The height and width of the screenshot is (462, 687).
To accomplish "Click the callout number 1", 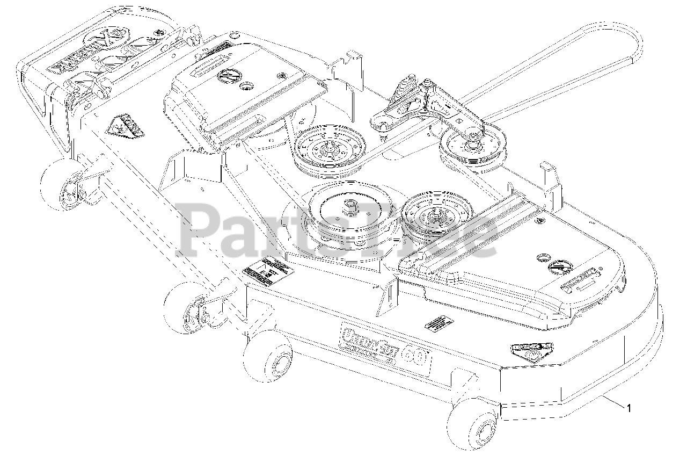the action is pos(629,408).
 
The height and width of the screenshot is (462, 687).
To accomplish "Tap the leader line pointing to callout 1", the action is pos(612,402).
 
